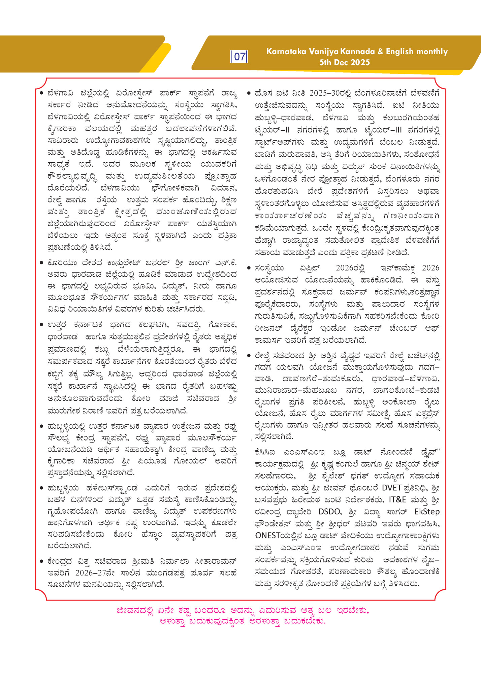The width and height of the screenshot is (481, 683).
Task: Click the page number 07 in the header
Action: click(239, 57)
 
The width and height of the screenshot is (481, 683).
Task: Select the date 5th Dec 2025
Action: click(345, 62)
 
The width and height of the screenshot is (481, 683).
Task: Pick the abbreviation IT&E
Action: click(398, 500)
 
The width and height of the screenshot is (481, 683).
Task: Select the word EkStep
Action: click(427, 512)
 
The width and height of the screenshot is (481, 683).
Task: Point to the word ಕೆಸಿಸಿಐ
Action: click(267, 452)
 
